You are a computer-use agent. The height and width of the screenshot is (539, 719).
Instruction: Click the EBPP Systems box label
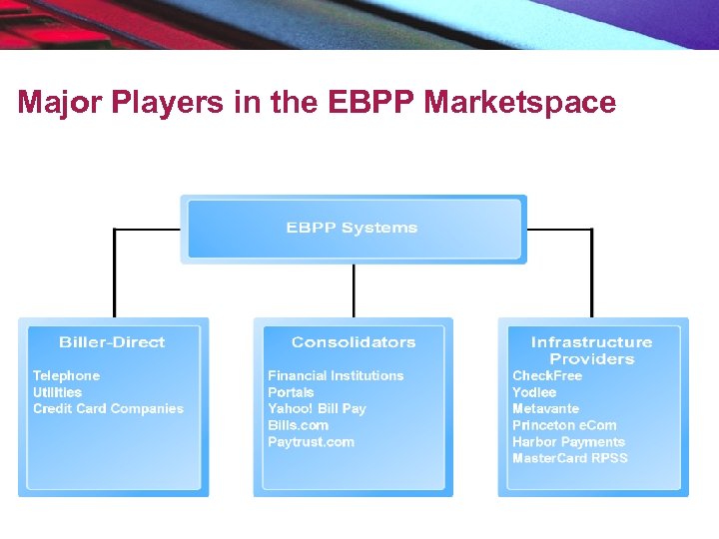coord(352,228)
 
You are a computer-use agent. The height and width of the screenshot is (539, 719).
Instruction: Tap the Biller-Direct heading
coord(112,342)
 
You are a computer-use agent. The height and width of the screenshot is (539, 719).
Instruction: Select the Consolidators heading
coord(354,342)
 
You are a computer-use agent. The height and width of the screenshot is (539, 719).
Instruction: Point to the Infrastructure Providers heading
coord(591,350)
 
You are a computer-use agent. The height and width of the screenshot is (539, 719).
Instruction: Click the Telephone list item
coord(66,375)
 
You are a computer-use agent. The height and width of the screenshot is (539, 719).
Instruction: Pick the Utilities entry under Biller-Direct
coord(57,392)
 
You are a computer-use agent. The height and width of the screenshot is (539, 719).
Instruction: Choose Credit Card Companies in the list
coord(108,408)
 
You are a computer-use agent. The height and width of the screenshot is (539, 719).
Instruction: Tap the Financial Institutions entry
coord(336,375)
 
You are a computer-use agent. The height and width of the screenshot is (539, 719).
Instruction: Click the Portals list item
coord(291,392)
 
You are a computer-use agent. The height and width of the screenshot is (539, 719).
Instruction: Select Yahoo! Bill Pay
coord(317,408)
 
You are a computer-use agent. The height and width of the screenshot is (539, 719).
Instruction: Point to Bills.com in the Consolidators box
coord(298,425)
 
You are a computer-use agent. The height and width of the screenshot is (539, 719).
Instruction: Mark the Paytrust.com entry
coord(311,442)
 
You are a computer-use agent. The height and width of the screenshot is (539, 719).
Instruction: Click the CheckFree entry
coord(547,375)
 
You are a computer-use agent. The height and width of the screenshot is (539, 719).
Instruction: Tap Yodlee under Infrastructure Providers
coord(534,392)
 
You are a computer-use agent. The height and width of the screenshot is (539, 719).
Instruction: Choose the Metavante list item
coord(545,408)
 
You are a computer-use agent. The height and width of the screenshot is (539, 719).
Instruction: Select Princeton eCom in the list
coord(564,425)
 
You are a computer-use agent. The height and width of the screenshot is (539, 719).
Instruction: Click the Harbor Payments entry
coord(568,442)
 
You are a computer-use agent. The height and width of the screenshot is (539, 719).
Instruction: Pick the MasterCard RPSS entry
coord(570,458)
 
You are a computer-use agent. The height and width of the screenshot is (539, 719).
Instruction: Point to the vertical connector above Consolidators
coord(354,290)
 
